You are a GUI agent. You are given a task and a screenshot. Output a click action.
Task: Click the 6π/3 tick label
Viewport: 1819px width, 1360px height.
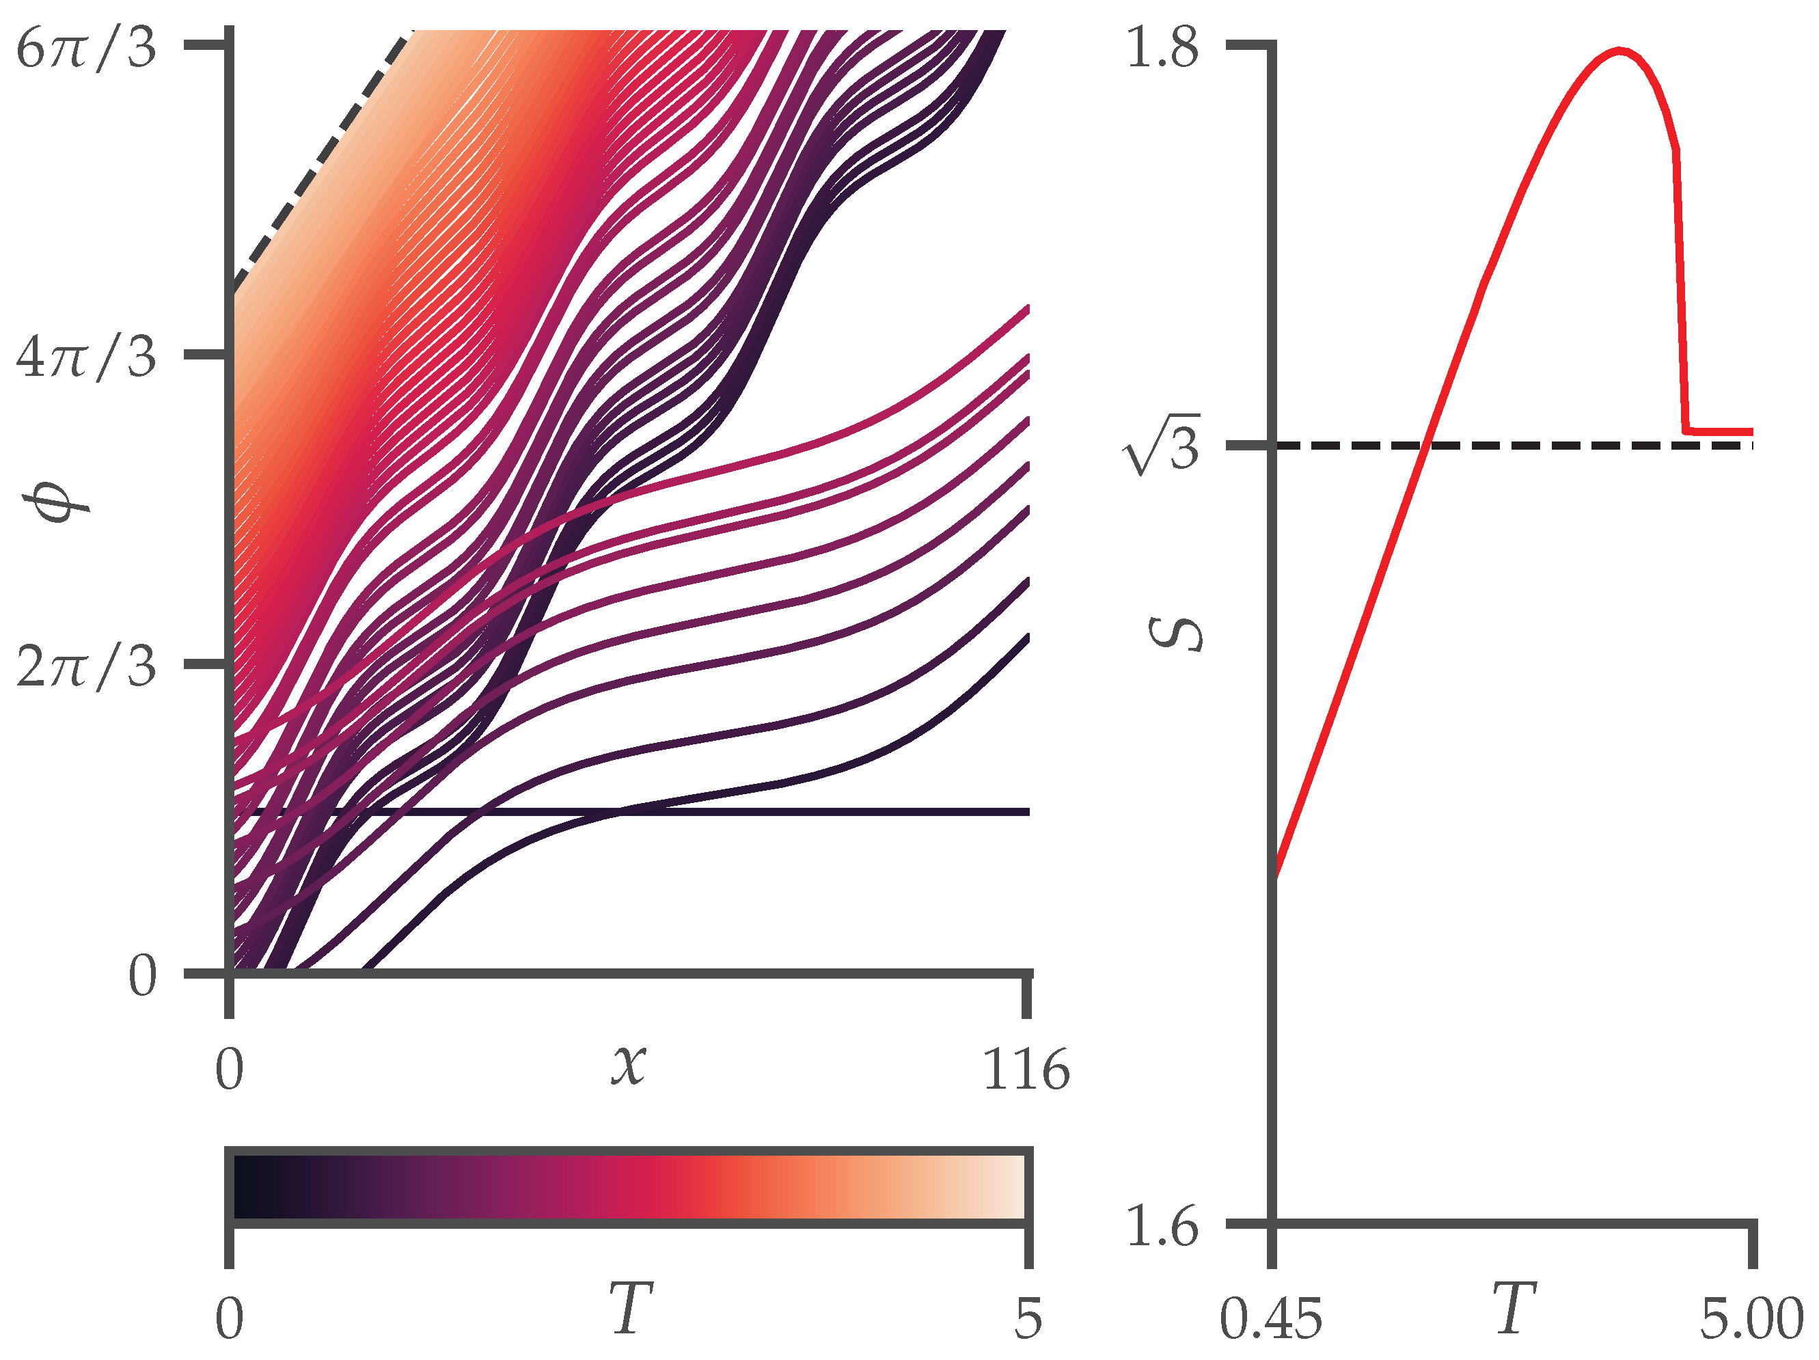(85, 48)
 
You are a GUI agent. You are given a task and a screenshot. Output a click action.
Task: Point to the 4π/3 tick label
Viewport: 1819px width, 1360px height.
(85, 357)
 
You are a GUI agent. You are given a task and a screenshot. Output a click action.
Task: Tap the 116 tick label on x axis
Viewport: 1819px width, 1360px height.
(1026, 1070)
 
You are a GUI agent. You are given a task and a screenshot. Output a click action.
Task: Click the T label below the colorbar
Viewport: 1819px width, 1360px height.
(630, 1308)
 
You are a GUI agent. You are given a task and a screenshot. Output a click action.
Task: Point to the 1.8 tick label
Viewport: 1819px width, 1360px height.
(1161, 48)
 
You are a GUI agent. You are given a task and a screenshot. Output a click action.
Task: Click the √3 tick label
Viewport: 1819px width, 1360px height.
(1161, 445)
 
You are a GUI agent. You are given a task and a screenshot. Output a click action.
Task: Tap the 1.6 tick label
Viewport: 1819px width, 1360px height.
(1161, 1226)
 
